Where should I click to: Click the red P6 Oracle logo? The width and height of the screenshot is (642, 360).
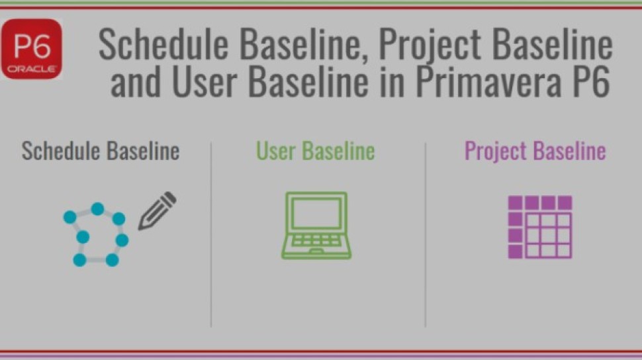[32, 49]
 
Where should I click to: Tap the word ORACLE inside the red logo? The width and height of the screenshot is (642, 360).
[32, 69]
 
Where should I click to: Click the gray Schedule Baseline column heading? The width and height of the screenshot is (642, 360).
[101, 151]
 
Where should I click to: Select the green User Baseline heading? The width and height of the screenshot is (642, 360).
[316, 151]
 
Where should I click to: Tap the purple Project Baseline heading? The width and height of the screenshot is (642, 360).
[535, 151]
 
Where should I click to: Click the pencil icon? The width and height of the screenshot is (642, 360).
[157, 210]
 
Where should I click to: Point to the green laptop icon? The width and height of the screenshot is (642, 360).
[316, 225]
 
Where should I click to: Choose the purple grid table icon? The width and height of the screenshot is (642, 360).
[540, 226]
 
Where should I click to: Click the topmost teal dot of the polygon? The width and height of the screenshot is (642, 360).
[97, 209]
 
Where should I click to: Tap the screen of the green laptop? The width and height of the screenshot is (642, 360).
[316, 214]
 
